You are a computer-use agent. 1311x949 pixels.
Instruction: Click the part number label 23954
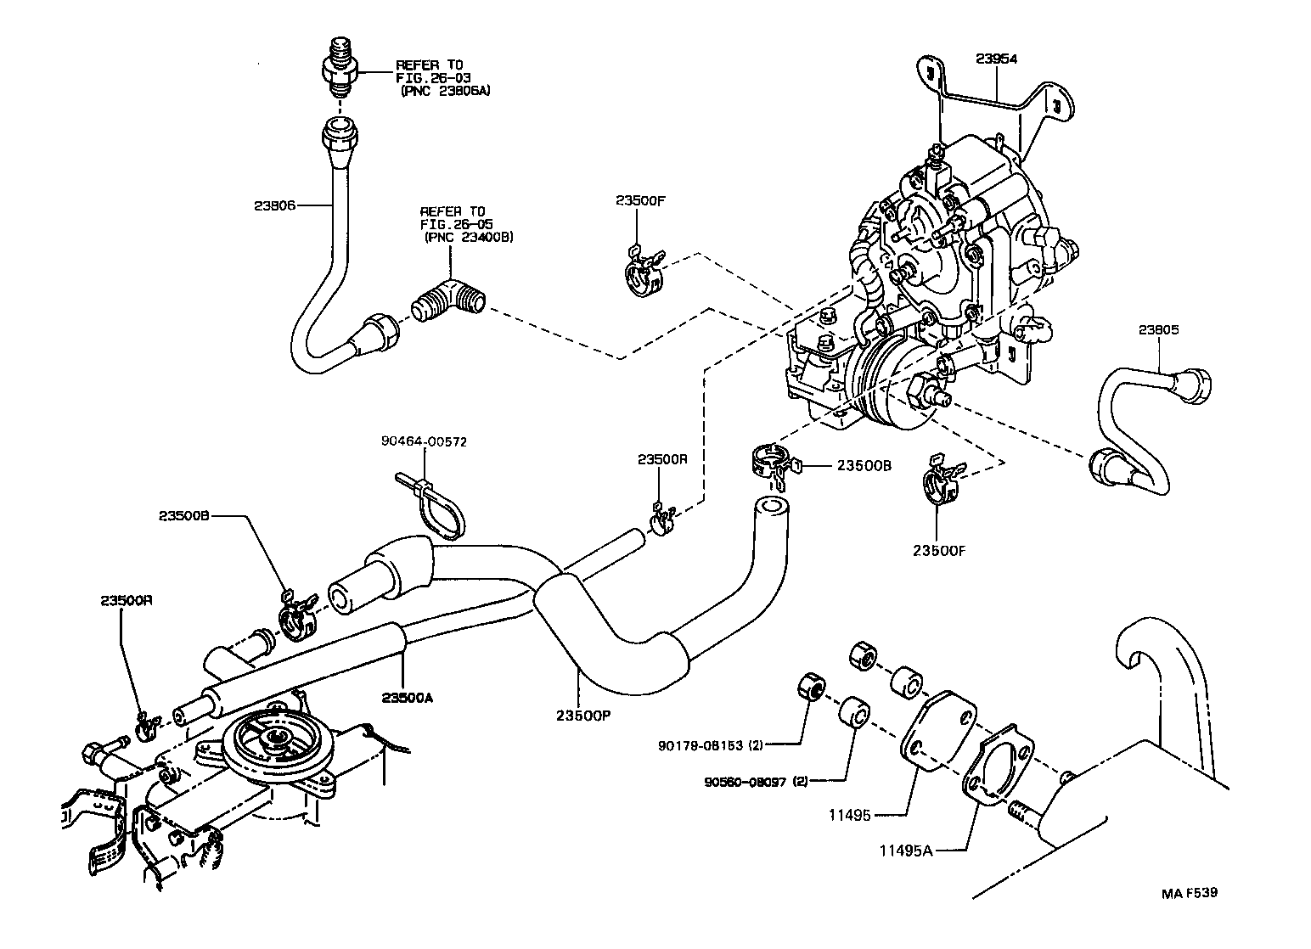click(x=996, y=59)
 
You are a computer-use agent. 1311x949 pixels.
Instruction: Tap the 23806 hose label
click(x=274, y=205)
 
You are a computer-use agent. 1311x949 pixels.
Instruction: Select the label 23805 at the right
click(x=1160, y=330)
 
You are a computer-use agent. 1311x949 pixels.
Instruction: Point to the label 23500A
click(x=408, y=697)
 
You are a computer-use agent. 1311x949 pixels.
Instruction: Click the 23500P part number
click(x=583, y=715)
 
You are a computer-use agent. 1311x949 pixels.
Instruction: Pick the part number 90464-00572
click(x=424, y=441)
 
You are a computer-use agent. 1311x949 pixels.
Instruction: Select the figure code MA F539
click(x=1193, y=893)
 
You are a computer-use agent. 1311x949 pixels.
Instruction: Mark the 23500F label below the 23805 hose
click(x=939, y=551)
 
